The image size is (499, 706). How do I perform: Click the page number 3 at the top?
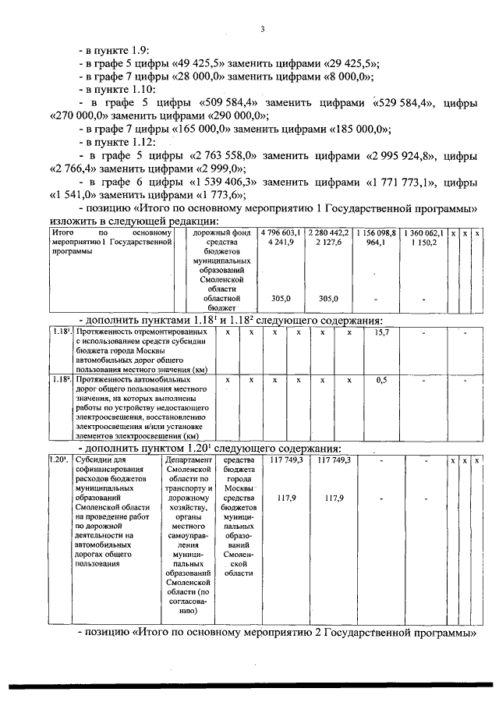tap(263, 30)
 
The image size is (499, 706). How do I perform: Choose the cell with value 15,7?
tap(381, 332)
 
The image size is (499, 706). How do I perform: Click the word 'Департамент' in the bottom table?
tap(188, 461)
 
